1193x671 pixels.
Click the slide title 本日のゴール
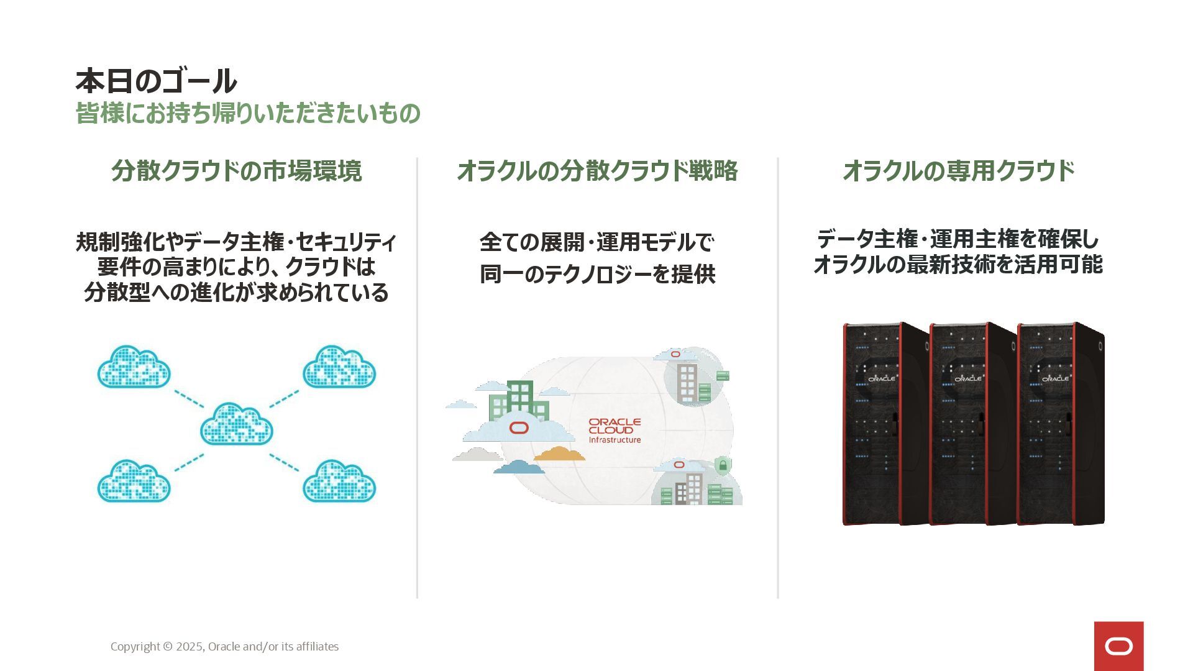(156, 81)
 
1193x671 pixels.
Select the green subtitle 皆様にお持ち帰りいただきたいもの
(248, 114)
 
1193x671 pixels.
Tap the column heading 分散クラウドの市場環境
(236, 171)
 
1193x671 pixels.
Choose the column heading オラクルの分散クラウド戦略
(597, 171)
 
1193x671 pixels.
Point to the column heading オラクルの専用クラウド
(958, 171)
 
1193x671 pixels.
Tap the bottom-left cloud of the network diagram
(134, 482)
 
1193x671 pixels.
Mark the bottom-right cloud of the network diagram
(339, 482)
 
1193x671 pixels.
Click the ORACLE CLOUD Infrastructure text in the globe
(615, 431)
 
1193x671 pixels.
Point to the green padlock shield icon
(723, 465)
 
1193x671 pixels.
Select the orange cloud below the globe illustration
(559, 454)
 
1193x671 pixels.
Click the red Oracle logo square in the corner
(1118, 646)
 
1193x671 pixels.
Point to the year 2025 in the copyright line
(190, 647)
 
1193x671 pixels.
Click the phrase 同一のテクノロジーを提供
(597, 274)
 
